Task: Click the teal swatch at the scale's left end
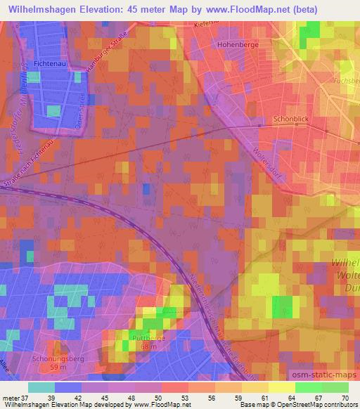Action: (41, 387)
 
